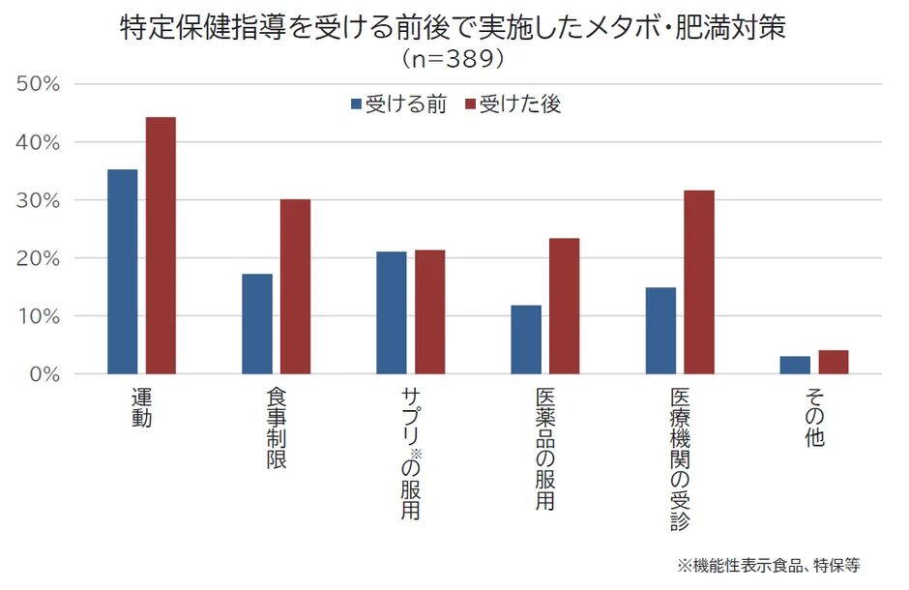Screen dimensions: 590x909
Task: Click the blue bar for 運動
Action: (x=122, y=272)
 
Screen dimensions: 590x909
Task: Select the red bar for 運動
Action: (x=161, y=246)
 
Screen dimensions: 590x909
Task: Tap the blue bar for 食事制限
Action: (x=257, y=324)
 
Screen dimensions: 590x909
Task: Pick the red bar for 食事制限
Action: (x=295, y=286)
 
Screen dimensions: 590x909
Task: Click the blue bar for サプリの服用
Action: (x=392, y=312)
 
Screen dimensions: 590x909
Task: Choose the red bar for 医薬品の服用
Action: (x=564, y=306)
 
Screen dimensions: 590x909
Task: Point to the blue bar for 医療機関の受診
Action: (x=660, y=331)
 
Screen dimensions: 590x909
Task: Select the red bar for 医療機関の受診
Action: (x=699, y=281)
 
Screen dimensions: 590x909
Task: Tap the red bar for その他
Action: (x=833, y=362)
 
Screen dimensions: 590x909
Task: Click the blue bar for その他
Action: (x=795, y=365)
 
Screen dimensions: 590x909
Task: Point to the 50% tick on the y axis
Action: (x=39, y=84)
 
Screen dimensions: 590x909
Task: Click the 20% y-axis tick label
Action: (x=39, y=258)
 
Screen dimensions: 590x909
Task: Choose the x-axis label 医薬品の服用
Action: (x=544, y=450)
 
